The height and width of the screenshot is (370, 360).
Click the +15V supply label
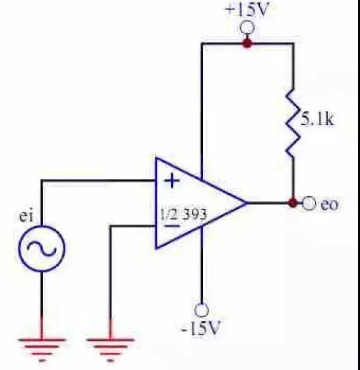[x=247, y=10]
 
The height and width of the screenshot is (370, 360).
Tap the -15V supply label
[x=201, y=328]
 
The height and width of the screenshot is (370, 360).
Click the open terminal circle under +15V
[x=247, y=28]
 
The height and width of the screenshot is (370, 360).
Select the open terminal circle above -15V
[x=202, y=310]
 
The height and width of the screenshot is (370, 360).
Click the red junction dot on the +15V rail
[x=247, y=43]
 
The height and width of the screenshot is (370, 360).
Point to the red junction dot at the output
[x=293, y=202]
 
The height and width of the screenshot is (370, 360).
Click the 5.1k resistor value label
[x=318, y=119]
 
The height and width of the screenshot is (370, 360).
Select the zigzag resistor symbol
[x=293, y=122]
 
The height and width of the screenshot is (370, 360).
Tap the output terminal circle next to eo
[x=309, y=202]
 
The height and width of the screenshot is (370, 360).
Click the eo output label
[x=330, y=204]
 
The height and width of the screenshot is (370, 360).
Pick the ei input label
[x=26, y=216]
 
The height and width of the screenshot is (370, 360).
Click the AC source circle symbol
[x=42, y=249]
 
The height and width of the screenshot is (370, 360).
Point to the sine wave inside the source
[x=42, y=249]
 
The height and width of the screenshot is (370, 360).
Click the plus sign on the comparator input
[x=172, y=181]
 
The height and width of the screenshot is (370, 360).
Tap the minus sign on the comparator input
[x=171, y=226]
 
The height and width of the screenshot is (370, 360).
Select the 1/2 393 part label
[x=183, y=215]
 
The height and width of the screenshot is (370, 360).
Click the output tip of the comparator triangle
[x=247, y=202]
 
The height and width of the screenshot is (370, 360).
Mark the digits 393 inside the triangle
[x=195, y=215]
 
